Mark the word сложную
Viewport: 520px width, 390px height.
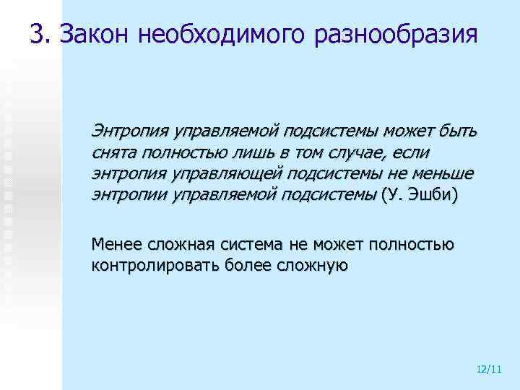[x=312, y=265]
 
